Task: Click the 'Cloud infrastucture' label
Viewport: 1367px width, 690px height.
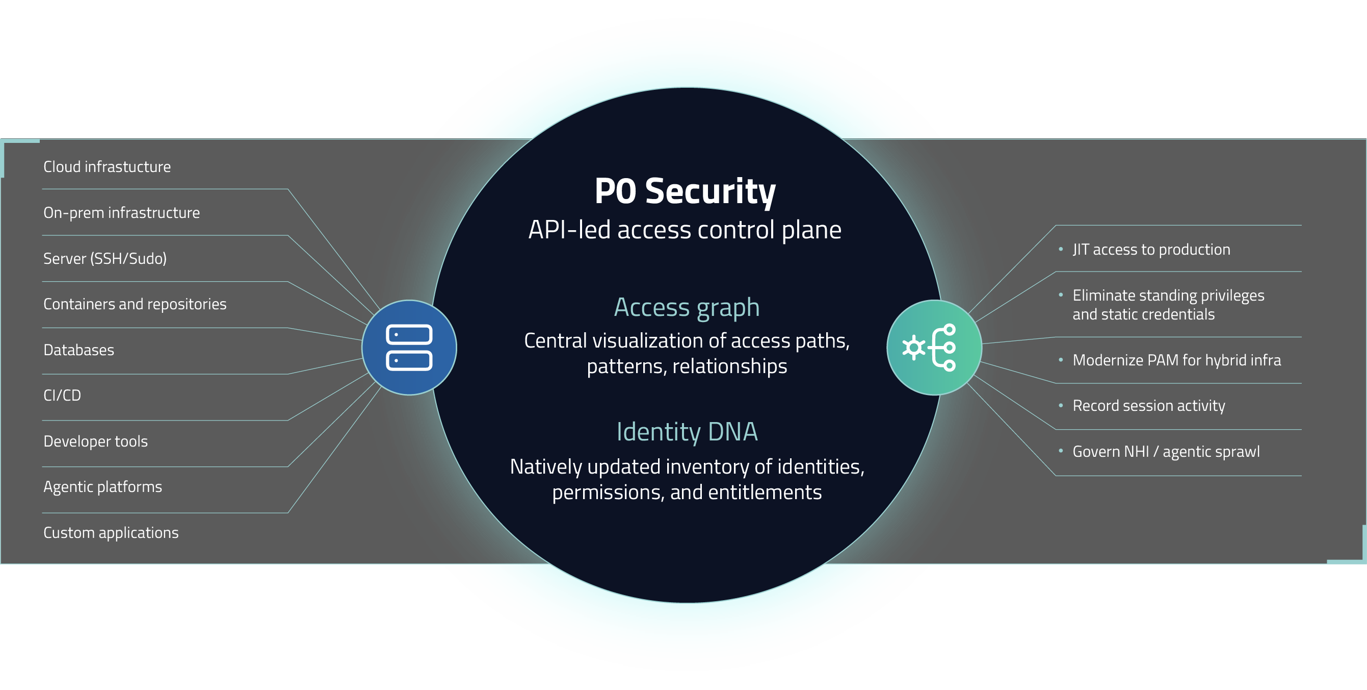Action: (x=107, y=167)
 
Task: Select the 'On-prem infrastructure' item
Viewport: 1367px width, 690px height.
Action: (x=121, y=212)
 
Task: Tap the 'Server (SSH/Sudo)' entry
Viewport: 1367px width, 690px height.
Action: (x=105, y=258)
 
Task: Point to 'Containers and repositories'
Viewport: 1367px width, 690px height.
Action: (x=135, y=304)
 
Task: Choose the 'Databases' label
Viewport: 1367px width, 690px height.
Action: (x=78, y=350)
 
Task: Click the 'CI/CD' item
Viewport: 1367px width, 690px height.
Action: (x=62, y=395)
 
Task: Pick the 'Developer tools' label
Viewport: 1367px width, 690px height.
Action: (x=95, y=441)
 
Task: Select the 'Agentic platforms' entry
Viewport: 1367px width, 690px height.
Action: (x=102, y=486)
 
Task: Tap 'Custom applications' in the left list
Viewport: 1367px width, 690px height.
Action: (x=111, y=532)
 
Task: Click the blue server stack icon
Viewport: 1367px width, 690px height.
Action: (x=409, y=348)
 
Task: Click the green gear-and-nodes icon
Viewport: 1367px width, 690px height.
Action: (x=934, y=348)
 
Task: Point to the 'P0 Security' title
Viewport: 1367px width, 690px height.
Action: (x=685, y=191)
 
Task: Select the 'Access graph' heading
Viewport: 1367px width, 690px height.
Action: (x=687, y=307)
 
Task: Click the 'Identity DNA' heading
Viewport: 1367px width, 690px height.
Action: (x=687, y=431)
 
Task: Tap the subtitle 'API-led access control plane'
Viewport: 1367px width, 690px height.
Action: (x=685, y=230)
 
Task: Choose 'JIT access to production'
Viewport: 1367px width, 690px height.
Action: (x=1151, y=249)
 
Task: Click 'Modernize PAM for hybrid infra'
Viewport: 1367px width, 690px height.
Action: (x=1176, y=360)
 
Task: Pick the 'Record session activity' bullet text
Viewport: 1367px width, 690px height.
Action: (x=1148, y=406)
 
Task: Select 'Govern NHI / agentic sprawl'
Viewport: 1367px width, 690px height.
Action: (x=1166, y=452)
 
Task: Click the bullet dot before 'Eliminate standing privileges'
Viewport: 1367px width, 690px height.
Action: (x=1061, y=295)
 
